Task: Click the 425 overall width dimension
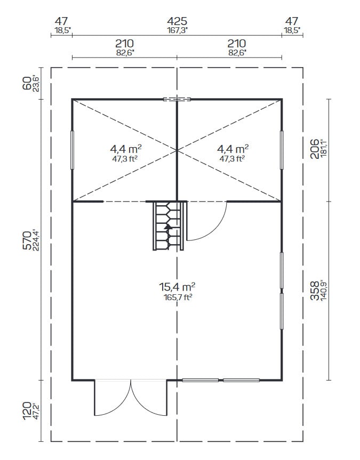(x=177, y=21)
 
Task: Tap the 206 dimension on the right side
(x=315, y=148)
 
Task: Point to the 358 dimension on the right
(x=315, y=290)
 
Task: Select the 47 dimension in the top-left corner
(x=61, y=21)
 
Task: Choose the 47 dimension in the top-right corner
(x=291, y=21)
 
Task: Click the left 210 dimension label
(x=124, y=43)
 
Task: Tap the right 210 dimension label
(x=237, y=43)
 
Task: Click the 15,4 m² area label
(x=178, y=288)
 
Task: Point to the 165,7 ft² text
(x=178, y=297)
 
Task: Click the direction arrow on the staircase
(x=168, y=226)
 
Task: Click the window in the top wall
(x=177, y=99)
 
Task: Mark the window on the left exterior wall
(x=73, y=150)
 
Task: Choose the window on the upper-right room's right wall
(x=282, y=150)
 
